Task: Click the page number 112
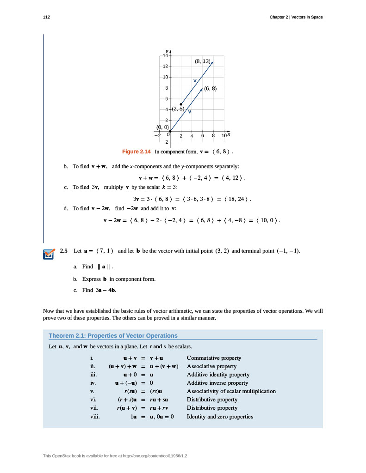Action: click(46, 17)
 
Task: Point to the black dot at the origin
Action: click(170, 132)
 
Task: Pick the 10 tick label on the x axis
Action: click(224, 136)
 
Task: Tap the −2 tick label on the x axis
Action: click(158, 136)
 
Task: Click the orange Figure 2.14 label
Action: click(136, 152)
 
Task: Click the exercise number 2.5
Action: click(64, 251)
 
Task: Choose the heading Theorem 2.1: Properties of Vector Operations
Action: click(113, 336)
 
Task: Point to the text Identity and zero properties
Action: click(220, 417)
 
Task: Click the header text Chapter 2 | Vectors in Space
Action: click(296, 17)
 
